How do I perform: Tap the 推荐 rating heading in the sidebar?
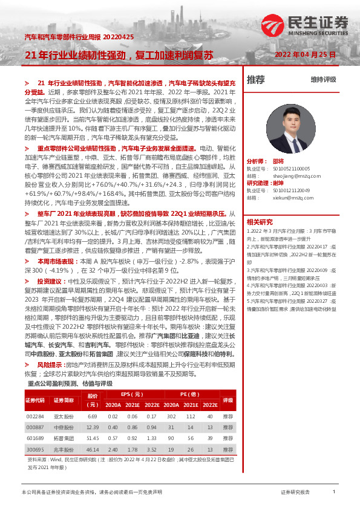tap(256, 79)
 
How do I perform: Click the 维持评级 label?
tap(323, 79)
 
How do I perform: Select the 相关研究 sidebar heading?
tap(260, 222)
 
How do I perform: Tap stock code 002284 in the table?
tap(35, 417)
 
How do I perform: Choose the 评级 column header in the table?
tap(227, 400)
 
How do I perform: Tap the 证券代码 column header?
tap(35, 400)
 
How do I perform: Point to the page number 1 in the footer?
tap(334, 493)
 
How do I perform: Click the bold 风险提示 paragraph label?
tap(50, 349)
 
